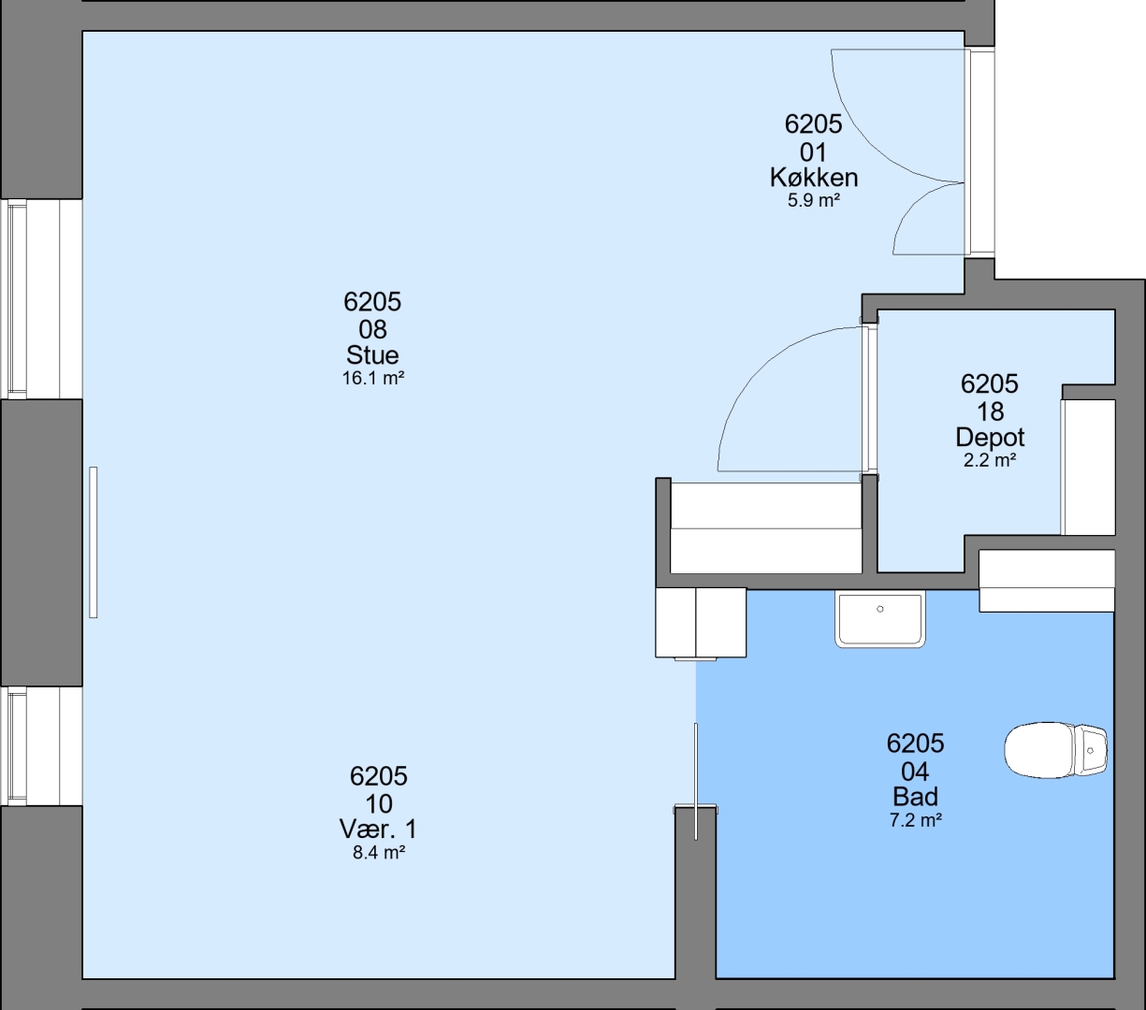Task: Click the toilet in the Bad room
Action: [1055, 750]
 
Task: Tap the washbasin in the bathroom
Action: [880, 619]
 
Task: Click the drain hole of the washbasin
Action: [880, 609]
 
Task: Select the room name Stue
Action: [372, 355]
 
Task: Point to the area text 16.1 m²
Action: [372, 379]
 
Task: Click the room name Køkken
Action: [813, 178]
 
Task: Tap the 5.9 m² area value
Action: [813, 200]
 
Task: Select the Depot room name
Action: [990, 437]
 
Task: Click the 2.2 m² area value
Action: [990, 460]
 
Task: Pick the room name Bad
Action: [915, 797]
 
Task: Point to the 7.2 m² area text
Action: [915, 820]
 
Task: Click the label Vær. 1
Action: [379, 830]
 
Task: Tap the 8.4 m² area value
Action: [379, 853]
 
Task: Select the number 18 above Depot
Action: [990, 411]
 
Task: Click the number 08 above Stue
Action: [372, 329]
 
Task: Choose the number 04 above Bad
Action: [915, 772]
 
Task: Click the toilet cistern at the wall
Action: [1091, 750]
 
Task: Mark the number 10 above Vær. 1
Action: [379, 803]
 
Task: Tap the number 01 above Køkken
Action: [813, 152]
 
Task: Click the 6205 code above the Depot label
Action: [990, 384]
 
